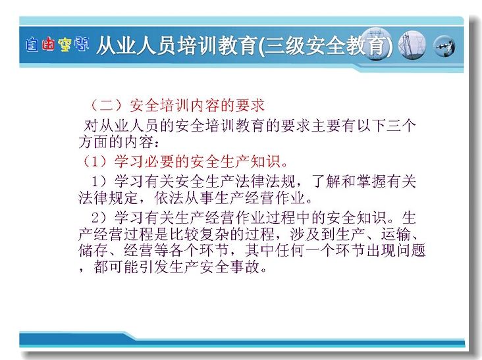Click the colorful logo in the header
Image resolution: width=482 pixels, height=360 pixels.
pyautogui.click(x=57, y=45)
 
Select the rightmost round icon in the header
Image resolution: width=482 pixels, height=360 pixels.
pyautogui.click(x=444, y=46)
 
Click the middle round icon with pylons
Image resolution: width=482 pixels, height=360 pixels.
pyautogui.click(x=412, y=45)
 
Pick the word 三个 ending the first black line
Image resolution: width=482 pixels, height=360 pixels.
pyautogui.click(x=401, y=126)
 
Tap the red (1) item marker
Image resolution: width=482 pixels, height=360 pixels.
pyautogui.click(x=95, y=161)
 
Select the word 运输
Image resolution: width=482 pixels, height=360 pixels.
pyautogui.click(x=396, y=235)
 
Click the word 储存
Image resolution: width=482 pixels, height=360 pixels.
pyautogui.click(x=94, y=251)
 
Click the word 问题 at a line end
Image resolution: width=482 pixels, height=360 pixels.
pyautogui.click(x=411, y=251)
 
